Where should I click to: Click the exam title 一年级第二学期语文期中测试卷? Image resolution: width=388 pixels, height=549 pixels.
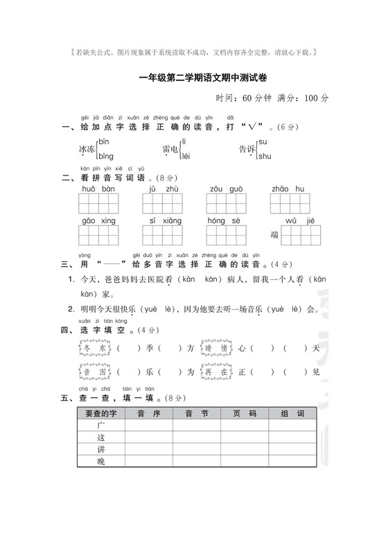[x=194, y=79]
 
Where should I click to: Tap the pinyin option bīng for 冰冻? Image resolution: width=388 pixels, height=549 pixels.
[x=105, y=157]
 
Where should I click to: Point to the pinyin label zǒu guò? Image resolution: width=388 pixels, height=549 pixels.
[x=225, y=189]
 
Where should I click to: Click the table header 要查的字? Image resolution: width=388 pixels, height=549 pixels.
[x=100, y=414]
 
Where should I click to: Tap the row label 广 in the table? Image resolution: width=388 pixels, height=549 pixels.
[x=100, y=426]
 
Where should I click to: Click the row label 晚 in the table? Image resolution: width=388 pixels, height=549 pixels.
[x=100, y=461]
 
